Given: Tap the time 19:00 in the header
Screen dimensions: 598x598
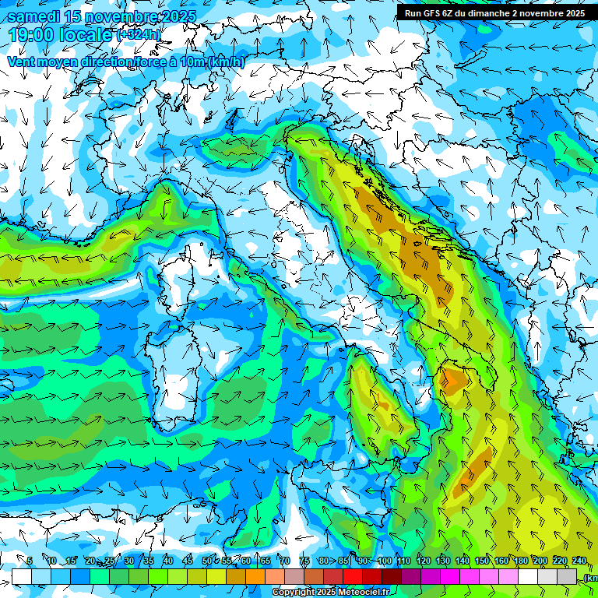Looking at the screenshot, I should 30,35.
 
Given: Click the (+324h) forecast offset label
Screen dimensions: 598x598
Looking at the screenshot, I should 139,34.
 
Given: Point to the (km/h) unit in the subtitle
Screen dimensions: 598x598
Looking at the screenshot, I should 227,62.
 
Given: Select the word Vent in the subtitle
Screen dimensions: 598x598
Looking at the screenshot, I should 22,62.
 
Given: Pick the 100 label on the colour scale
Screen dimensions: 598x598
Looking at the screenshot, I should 384,561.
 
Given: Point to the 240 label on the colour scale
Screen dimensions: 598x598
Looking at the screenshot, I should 579,561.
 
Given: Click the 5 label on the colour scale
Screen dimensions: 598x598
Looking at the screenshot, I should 30,561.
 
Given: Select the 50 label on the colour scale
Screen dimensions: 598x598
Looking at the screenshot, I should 206,561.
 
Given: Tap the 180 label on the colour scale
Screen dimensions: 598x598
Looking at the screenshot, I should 520,561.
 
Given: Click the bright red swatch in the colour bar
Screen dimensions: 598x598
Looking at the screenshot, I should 353,576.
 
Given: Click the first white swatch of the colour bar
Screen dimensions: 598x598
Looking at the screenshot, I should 22,576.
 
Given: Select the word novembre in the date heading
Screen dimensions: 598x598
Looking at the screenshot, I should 115,16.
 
